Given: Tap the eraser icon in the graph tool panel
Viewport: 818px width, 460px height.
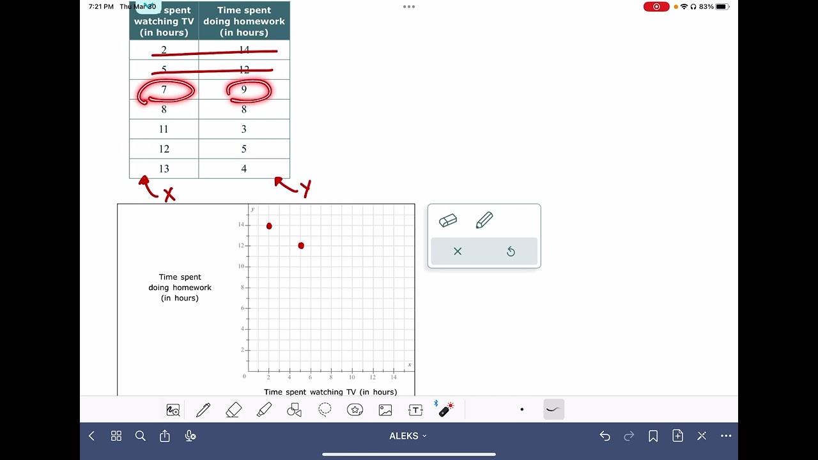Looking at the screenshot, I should [x=448, y=220].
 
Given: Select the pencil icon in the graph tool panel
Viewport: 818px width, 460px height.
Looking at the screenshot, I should [x=484, y=220].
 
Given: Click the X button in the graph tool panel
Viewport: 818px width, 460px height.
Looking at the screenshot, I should [x=458, y=251].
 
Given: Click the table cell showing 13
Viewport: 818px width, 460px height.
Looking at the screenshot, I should [x=164, y=169].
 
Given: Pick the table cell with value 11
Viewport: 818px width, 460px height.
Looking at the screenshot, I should [x=164, y=129].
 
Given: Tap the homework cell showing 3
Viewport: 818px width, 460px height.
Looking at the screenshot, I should [x=243, y=129].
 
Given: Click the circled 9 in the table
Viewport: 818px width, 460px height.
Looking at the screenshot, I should [x=243, y=90].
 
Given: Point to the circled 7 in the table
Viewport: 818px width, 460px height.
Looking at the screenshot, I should [x=164, y=90].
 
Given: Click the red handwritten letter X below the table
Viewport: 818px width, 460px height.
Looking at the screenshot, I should [x=169, y=195].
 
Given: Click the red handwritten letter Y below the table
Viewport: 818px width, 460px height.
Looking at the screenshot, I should [x=305, y=188].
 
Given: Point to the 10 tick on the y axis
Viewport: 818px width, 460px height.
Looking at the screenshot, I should [x=241, y=266].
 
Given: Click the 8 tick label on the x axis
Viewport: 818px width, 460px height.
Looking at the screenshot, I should [x=331, y=378].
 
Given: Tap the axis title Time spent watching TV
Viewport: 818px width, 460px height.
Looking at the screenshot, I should [x=330, y=392].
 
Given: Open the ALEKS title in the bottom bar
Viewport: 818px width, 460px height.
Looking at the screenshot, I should [x=408, y=436].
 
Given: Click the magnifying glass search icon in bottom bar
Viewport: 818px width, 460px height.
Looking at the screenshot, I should [x=141, y=436].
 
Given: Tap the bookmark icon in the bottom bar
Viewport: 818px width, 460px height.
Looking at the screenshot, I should [x=653, y=436].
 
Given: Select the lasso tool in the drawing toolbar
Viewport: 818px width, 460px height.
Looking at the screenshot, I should [x=325, y=410].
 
